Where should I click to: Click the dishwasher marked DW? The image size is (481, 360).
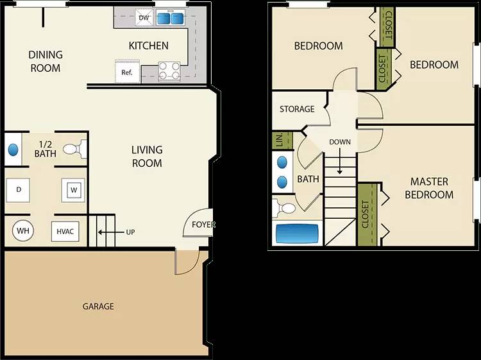point(144,17)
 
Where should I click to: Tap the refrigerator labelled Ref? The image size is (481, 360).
point(127,72)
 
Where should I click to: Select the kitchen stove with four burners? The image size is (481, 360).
point(169,70)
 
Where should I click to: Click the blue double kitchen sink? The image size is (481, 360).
point(170,17)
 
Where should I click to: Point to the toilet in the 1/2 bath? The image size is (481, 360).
point(75,150)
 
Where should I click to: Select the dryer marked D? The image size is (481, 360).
point(19,189)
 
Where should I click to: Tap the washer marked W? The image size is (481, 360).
point(73,190)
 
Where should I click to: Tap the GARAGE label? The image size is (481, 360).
point(98,306)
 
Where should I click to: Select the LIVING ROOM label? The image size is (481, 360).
point(147,157)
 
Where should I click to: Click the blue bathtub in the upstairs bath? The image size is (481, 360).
point(297,232)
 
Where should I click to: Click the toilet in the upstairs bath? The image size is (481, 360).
point(285,208)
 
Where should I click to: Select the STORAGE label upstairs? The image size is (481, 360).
point(297,109)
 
